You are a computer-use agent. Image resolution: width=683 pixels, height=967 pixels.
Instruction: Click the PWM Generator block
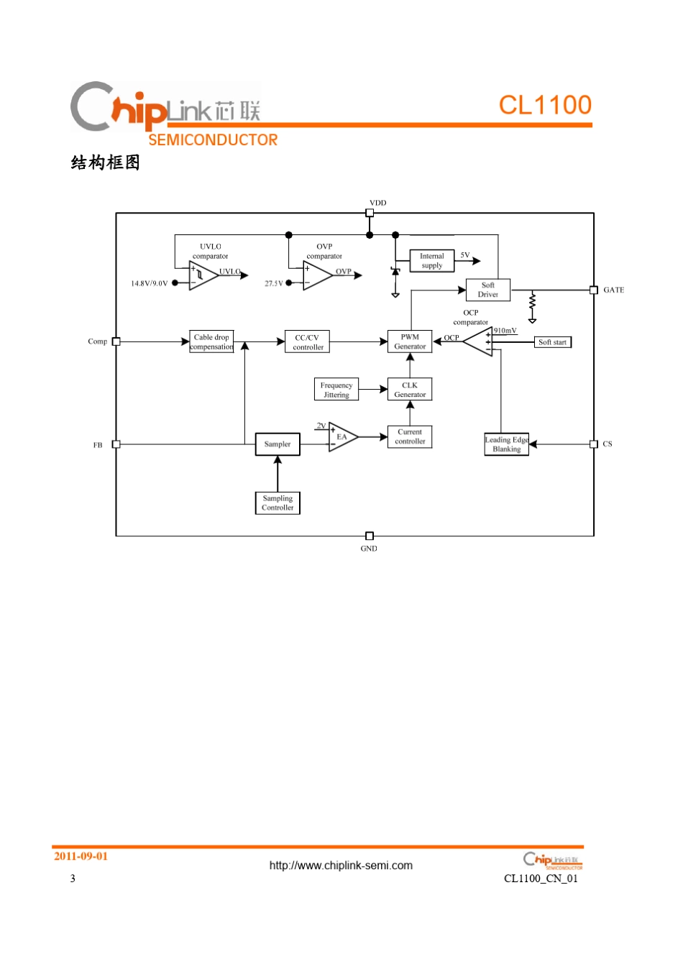(410, 342)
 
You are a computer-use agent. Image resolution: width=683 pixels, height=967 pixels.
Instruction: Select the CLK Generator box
(410, 390)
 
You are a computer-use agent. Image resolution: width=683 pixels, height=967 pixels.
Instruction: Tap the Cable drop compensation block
(211, 342)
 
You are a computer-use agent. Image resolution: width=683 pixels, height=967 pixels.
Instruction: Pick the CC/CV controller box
(308, 342)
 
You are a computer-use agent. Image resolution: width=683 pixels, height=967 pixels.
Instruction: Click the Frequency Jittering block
(336, 390)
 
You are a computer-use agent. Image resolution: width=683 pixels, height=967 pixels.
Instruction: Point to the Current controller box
(410, 437)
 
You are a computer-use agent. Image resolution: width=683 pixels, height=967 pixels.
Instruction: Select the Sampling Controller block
(278, 503)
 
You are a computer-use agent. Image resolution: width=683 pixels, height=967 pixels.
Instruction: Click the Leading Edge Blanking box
(507, 444)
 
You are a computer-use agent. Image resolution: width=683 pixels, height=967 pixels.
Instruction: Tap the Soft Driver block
(488, 290)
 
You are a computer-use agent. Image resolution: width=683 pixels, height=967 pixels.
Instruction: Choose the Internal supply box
(432, 261)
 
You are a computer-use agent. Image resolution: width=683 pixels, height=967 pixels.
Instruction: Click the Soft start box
(553, 342)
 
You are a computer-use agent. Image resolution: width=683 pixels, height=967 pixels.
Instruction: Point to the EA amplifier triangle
(342, 436)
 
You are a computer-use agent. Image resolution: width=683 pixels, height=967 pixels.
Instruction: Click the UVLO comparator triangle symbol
(202, 275)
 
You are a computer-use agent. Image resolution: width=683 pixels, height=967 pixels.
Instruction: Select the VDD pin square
(370, 213)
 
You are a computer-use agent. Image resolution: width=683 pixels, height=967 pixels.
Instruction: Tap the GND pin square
(370, 536)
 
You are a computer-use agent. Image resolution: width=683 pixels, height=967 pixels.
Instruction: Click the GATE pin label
(613, 290)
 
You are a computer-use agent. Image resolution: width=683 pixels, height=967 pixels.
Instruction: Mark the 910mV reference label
(505, 331)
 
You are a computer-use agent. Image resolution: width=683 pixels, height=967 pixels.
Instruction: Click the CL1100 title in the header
(545, 105)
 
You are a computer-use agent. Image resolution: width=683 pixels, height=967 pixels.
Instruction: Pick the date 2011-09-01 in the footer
(81, 856)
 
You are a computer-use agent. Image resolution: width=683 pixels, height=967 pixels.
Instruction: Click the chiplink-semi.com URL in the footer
(341, 866)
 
